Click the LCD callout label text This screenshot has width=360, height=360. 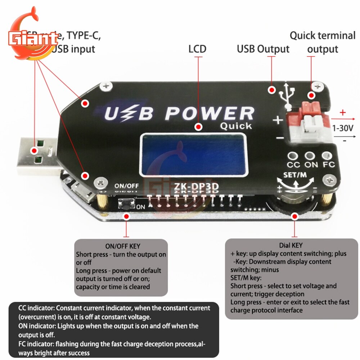pyautogui.click(x=197, y=49)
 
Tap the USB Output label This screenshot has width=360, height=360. pyautogui.click(x=263, y=49)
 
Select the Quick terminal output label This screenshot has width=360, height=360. pyautogui.click(x=323, y=42)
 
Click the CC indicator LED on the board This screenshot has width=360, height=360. pyautogui.click(x=294, y=156)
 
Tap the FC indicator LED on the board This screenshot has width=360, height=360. pyautogui.click(x=327, y=156)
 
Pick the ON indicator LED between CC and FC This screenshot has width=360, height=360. pyautogui.click(x=310, y=156)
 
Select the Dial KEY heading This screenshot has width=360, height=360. pyautogui.click(x=292, y=245)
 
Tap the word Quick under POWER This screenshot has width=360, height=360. pyautogui.click(x=236, y=126)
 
